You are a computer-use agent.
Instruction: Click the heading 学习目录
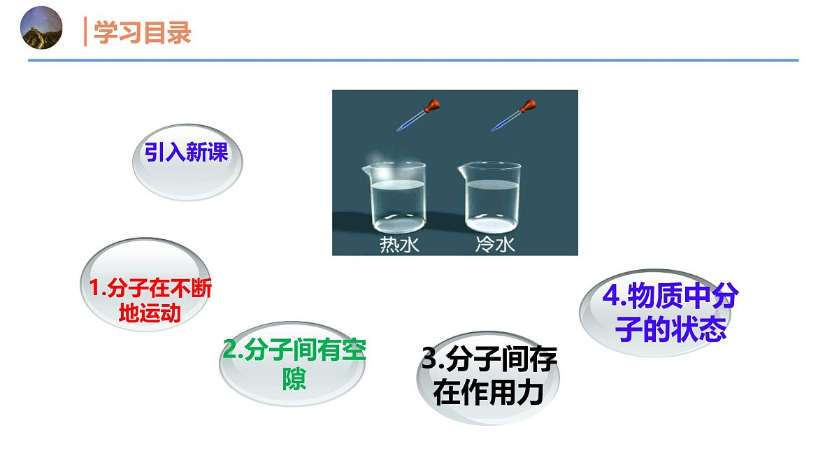point(142,33)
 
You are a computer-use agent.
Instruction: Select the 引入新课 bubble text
point(186,153)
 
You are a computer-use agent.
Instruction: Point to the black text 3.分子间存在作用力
point(489,377)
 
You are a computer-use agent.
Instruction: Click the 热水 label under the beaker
point(395,245)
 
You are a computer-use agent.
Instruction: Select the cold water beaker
point(492,199)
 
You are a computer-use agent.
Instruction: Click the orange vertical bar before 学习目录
point(85,32)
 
